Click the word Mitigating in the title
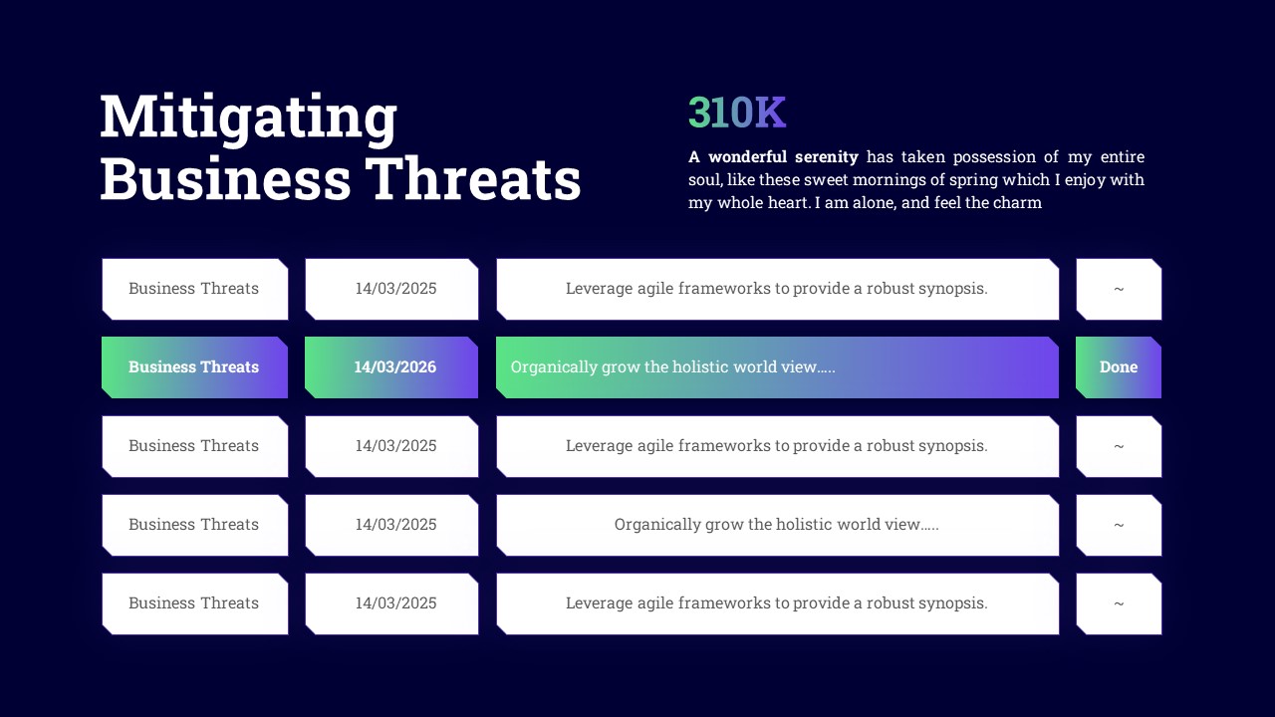(x=248, y=119)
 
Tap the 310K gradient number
(x=737, y=112)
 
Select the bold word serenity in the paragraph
(x=827, y=156)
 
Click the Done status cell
(x=1119, y=367)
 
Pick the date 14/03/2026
(x=395, y=367)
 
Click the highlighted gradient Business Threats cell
(x=194, y=367)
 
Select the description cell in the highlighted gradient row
(x=778, y=367)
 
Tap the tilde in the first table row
(x=1119, y=289)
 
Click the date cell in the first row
(x=391, y=289)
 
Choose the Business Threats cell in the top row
(x=194, y=289)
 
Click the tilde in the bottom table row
(x=1119, y=603)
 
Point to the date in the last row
(x=395, y=603)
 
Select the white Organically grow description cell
(x=778, y=525)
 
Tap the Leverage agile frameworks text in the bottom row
(x=776, y=603)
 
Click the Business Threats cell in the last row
(x=194, y=603)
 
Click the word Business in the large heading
(x=225, y=179)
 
